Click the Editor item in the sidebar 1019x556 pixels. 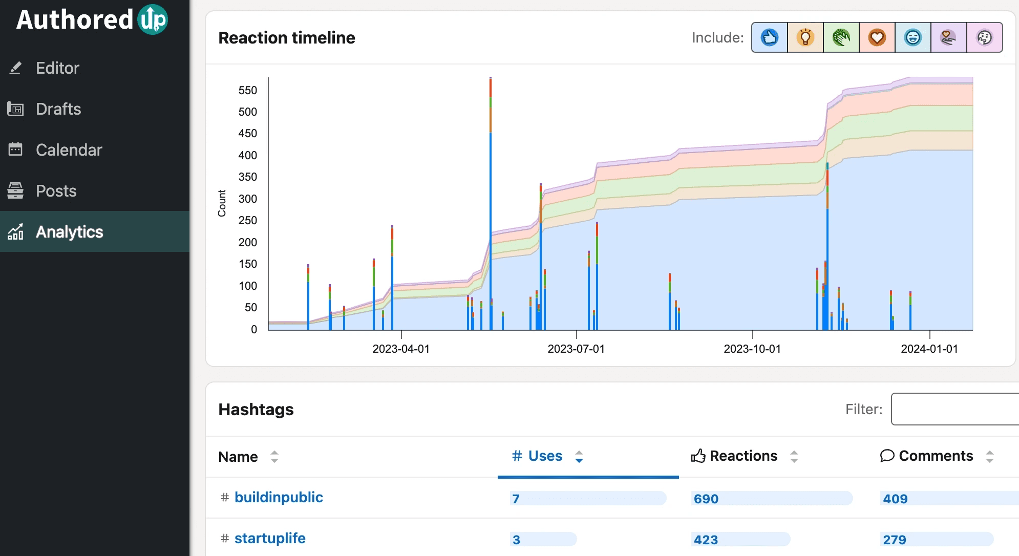point(57,68)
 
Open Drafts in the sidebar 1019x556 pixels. point(58,109)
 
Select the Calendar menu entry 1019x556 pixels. point(69,150)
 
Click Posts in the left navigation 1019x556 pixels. point(56,191)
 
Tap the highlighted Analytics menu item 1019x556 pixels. point(69,232)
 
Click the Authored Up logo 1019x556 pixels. point(92,20)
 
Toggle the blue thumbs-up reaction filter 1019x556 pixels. point(769,37)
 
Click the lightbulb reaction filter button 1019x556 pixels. point(805,37)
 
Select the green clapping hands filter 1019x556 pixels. point(841,37)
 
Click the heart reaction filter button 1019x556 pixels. point(877,37)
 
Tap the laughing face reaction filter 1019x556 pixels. point(912,37)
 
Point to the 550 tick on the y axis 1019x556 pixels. point(248,91)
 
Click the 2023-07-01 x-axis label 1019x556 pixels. point(576,349)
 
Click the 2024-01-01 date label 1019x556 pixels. point(929,349)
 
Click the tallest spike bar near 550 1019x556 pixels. point(491,205)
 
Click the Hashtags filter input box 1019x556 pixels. point(955,409)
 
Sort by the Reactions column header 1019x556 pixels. point(743,456)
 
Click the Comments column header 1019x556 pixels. point(935,456)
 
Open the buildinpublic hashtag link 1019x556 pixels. point(279,497)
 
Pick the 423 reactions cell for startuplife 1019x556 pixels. point(706,540)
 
